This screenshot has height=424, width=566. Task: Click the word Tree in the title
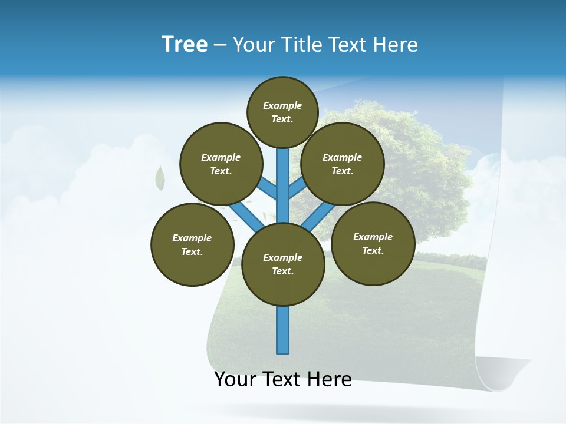(x=185, y=45)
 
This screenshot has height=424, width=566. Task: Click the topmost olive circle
(x=282, y=112)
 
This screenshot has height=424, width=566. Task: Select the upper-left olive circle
(x=221, y=164)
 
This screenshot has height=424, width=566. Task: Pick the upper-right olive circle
(x=343, y=164)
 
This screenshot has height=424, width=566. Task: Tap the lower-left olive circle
(x=192, y=244)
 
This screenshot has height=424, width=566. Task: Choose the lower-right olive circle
(x=373, y=243)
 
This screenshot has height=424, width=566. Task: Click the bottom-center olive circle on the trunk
(x=283, y=264)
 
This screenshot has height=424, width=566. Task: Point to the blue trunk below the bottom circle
(x=283, y=330)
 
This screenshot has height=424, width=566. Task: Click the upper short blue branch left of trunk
(x=269, y=188)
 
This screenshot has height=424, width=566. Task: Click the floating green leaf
(x=159, y=178)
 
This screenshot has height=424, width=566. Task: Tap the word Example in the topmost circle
(x=282, y=105)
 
